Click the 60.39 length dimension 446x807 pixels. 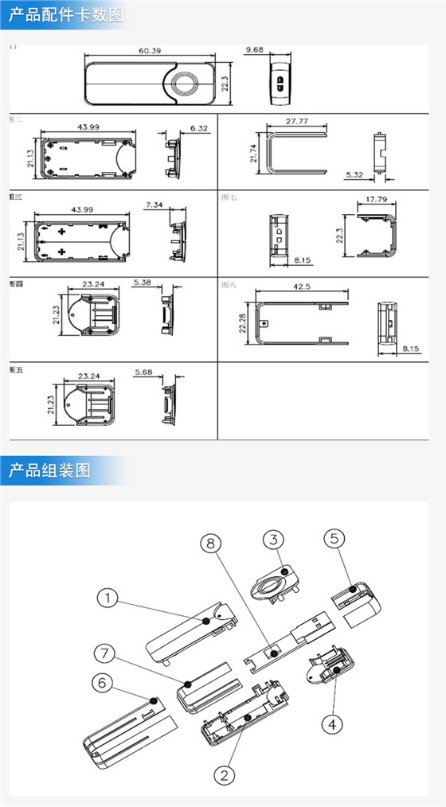[x=151, y=51]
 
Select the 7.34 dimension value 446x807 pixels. [x=155, y=205]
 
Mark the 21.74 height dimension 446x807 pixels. [x=254, y=153]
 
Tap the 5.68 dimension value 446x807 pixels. [x=143, y=372]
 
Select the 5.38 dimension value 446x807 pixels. [x=143, y=283]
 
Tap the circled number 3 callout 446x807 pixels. [x=273, y=539]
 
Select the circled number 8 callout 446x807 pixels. [x=210, y=544]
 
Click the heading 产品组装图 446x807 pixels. [x=50, y=470]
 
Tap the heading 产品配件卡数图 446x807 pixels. [x=66, y=15]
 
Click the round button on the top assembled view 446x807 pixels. [x=189, y=83]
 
